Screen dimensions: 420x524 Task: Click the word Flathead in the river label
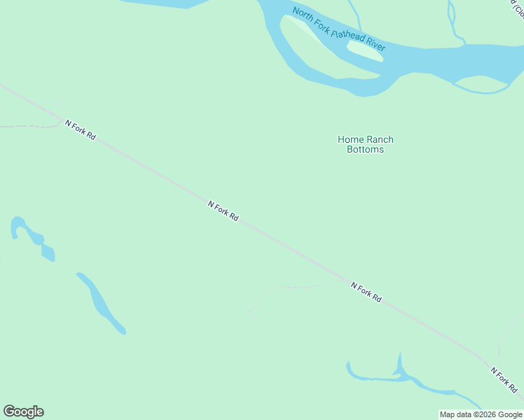(348, 35)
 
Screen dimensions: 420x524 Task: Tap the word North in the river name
(303, 15)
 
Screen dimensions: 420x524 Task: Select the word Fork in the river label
(324, 24)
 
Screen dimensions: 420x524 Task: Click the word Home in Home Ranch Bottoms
(350, 139)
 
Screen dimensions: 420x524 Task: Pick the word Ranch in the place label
(379, 139)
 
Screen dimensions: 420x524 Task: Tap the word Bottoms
(365, 149)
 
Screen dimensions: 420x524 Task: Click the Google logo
(23, 412)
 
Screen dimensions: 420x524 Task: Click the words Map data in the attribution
(455, 414)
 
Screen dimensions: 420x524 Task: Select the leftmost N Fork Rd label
(81, 129)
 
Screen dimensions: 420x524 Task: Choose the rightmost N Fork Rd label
(504, 379)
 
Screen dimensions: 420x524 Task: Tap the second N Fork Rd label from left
(223, 211)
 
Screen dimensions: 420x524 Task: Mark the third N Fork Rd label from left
(366, 292)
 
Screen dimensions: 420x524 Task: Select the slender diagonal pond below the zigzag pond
(101, 302)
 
